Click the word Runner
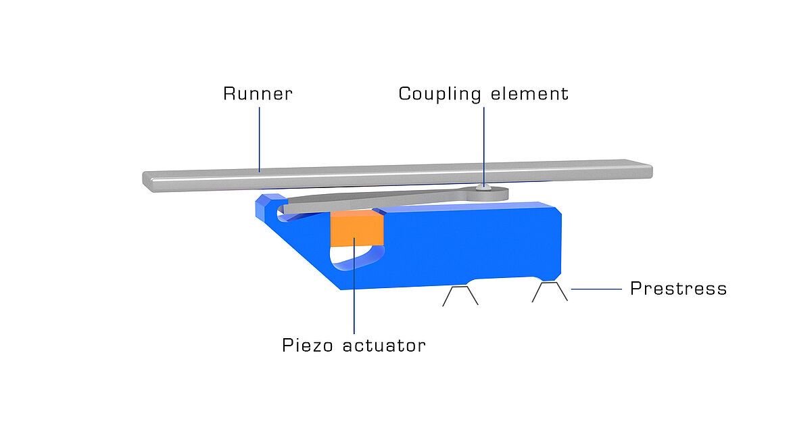point(258,93)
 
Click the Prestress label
point(678,289)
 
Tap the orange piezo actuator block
point(356,228)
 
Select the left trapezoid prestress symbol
point(460,296)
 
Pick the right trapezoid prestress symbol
point(550,291)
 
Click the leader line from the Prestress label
point(596,289)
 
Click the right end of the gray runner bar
point(645,169)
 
